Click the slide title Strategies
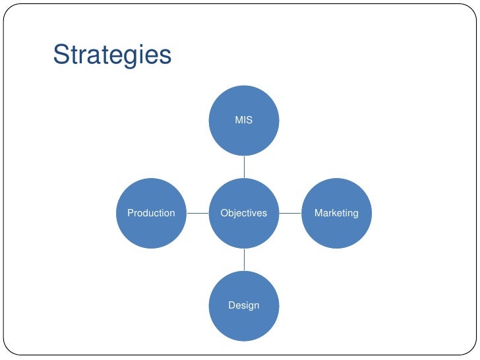(112, 55)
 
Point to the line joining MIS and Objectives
(244, 167)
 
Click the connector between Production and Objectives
(197, 213)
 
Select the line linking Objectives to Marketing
(290, 213)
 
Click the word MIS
(244, 121)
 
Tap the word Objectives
(244, 213)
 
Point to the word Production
(151, 213)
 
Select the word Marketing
(336, 213)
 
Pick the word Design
(244, 305)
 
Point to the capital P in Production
(130, 213)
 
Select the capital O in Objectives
(224, 213)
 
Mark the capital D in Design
(231, 305)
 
